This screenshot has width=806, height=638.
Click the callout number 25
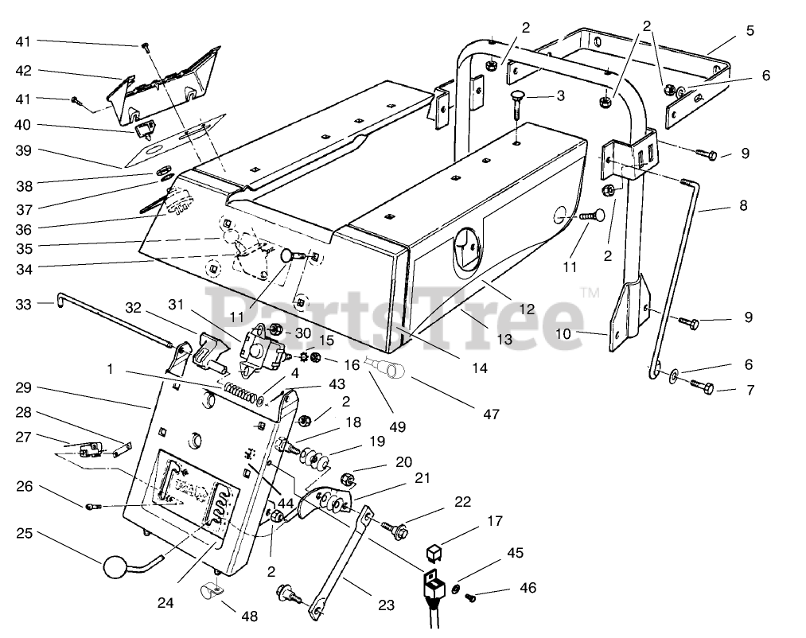[24, 533]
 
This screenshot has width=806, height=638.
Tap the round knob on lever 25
[114, 568]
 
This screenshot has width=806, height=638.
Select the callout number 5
[750, 31]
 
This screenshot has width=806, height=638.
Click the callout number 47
[491, 414]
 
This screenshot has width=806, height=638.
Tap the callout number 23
[386, 605]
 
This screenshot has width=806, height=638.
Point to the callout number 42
[24, 71]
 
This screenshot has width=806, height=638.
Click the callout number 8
[743, 204]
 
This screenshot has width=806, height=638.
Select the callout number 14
[478, 368]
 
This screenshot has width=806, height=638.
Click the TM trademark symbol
[590, 294]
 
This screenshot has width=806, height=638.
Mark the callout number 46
[528, 588]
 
